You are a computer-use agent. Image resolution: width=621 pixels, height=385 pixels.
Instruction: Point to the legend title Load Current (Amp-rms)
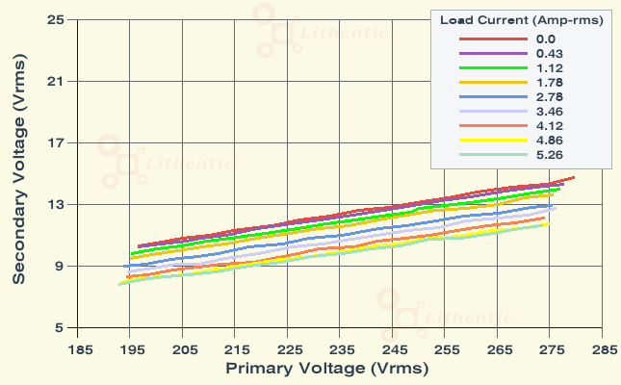click(522, 19)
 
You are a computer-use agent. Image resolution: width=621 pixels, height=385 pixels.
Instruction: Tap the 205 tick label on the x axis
click(186, 349)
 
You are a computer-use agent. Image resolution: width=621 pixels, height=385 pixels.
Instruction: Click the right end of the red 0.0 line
click(574, 177)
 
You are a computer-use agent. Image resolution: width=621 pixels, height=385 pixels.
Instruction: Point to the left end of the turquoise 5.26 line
click(118, 284)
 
